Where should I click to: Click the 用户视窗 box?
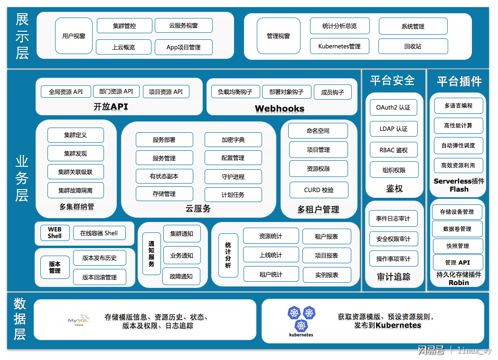click(74, 36)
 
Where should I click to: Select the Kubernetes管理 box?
click(339, 46)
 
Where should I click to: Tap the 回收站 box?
click(413, 46)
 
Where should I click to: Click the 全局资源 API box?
click(66, 92)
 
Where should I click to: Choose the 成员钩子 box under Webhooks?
click(332, 92)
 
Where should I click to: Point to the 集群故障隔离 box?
click(75, 190)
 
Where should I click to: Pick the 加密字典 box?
click(233, 140)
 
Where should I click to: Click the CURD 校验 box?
click(319, 190)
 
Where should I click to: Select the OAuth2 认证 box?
click(394, 108)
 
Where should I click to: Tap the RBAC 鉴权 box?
click(394, 150)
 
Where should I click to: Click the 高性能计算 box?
click(458, 126)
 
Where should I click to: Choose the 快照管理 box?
click(458, 246)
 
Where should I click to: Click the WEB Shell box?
click(55, 233)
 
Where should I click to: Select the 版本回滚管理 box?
click(100, 277)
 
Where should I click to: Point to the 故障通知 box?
click(181, 276)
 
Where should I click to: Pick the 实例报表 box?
click(327, 275)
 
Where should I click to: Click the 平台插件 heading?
click(459, 81)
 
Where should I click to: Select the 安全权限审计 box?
click(394, 239)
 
